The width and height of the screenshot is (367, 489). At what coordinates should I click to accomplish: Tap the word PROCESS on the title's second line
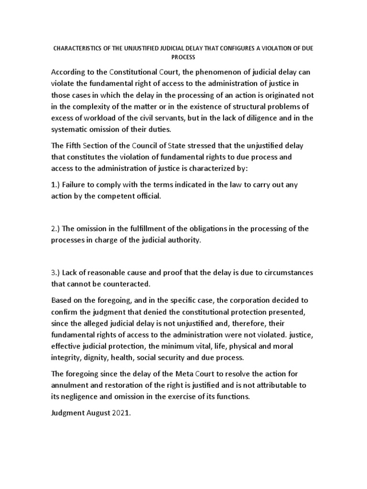pyautogui.click(x=183, y=57)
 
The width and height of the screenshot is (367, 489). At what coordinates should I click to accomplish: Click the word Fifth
pyautogui.click(x=75, y=159)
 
